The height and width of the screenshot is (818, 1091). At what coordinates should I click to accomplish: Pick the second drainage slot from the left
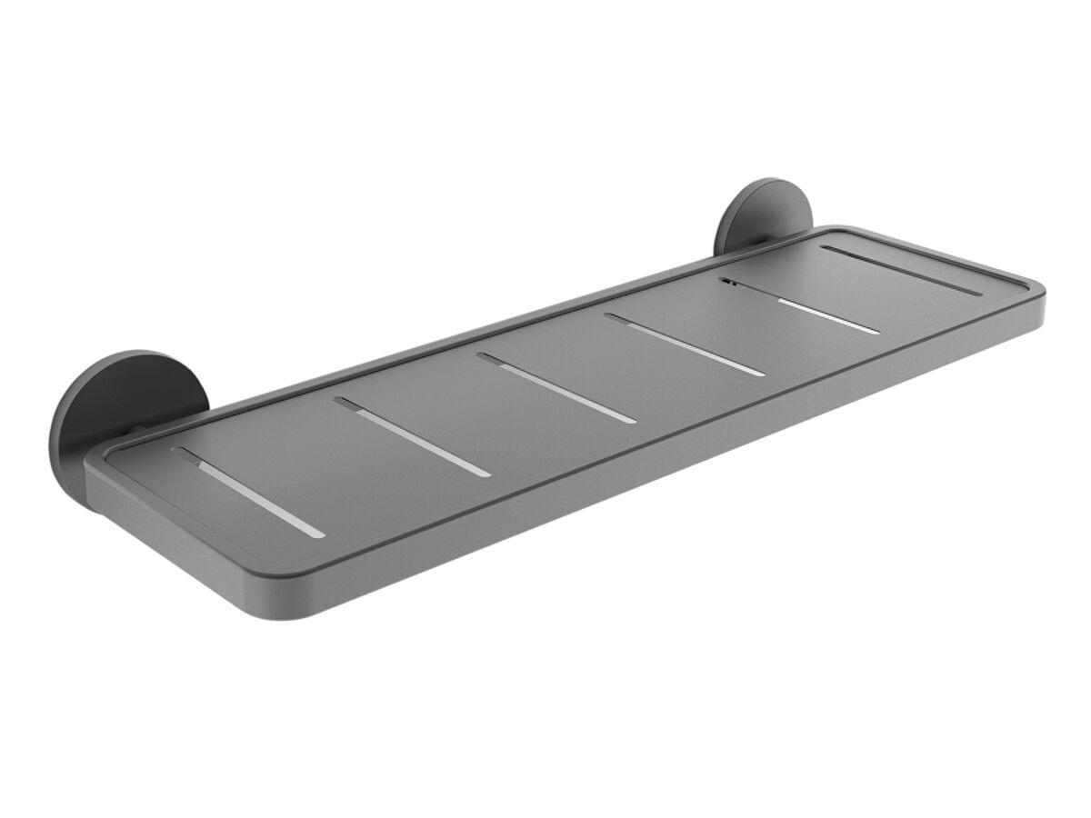(x=411, y=436)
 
